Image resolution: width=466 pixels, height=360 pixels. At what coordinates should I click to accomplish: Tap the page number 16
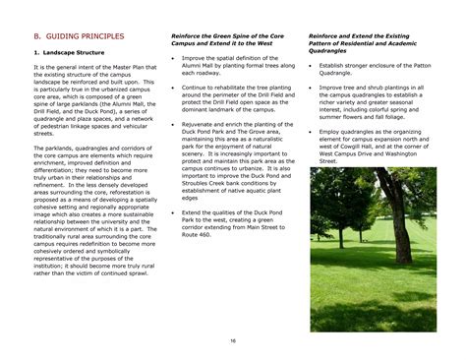tap(233, 340)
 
